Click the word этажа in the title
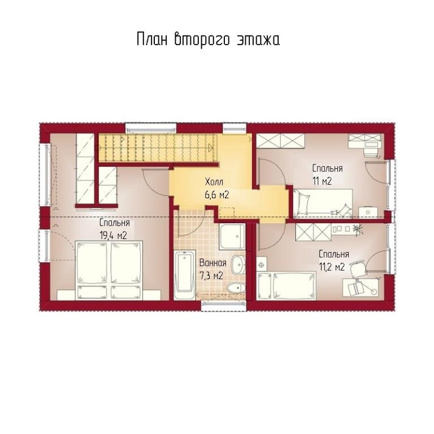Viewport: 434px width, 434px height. pos(258,40)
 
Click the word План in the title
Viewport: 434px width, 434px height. pos(152,39)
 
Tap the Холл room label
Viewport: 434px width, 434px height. pos(214,182)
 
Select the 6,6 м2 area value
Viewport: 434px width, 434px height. pos(217,195)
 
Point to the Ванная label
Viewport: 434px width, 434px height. pos(213,263)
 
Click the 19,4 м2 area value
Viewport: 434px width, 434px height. pos(113,236)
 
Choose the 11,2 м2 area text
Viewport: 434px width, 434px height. pos(332,267)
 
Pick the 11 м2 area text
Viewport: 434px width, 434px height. pos(322,181)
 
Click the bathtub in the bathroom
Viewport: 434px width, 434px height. pos(185,275)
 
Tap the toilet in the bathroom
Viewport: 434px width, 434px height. pos(236,288)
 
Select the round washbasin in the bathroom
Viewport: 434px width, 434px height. pos(238,264)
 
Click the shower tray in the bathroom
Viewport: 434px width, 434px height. pos(232,237)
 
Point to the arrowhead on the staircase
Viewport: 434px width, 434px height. pos(211,148)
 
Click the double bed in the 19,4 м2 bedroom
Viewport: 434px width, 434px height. pos(109,270)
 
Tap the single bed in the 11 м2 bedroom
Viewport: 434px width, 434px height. pos(323,203)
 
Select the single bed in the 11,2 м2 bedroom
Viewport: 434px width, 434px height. pos(286,285)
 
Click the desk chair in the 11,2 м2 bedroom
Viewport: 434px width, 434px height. pos(358,268)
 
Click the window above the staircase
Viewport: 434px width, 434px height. pos(151,128)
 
